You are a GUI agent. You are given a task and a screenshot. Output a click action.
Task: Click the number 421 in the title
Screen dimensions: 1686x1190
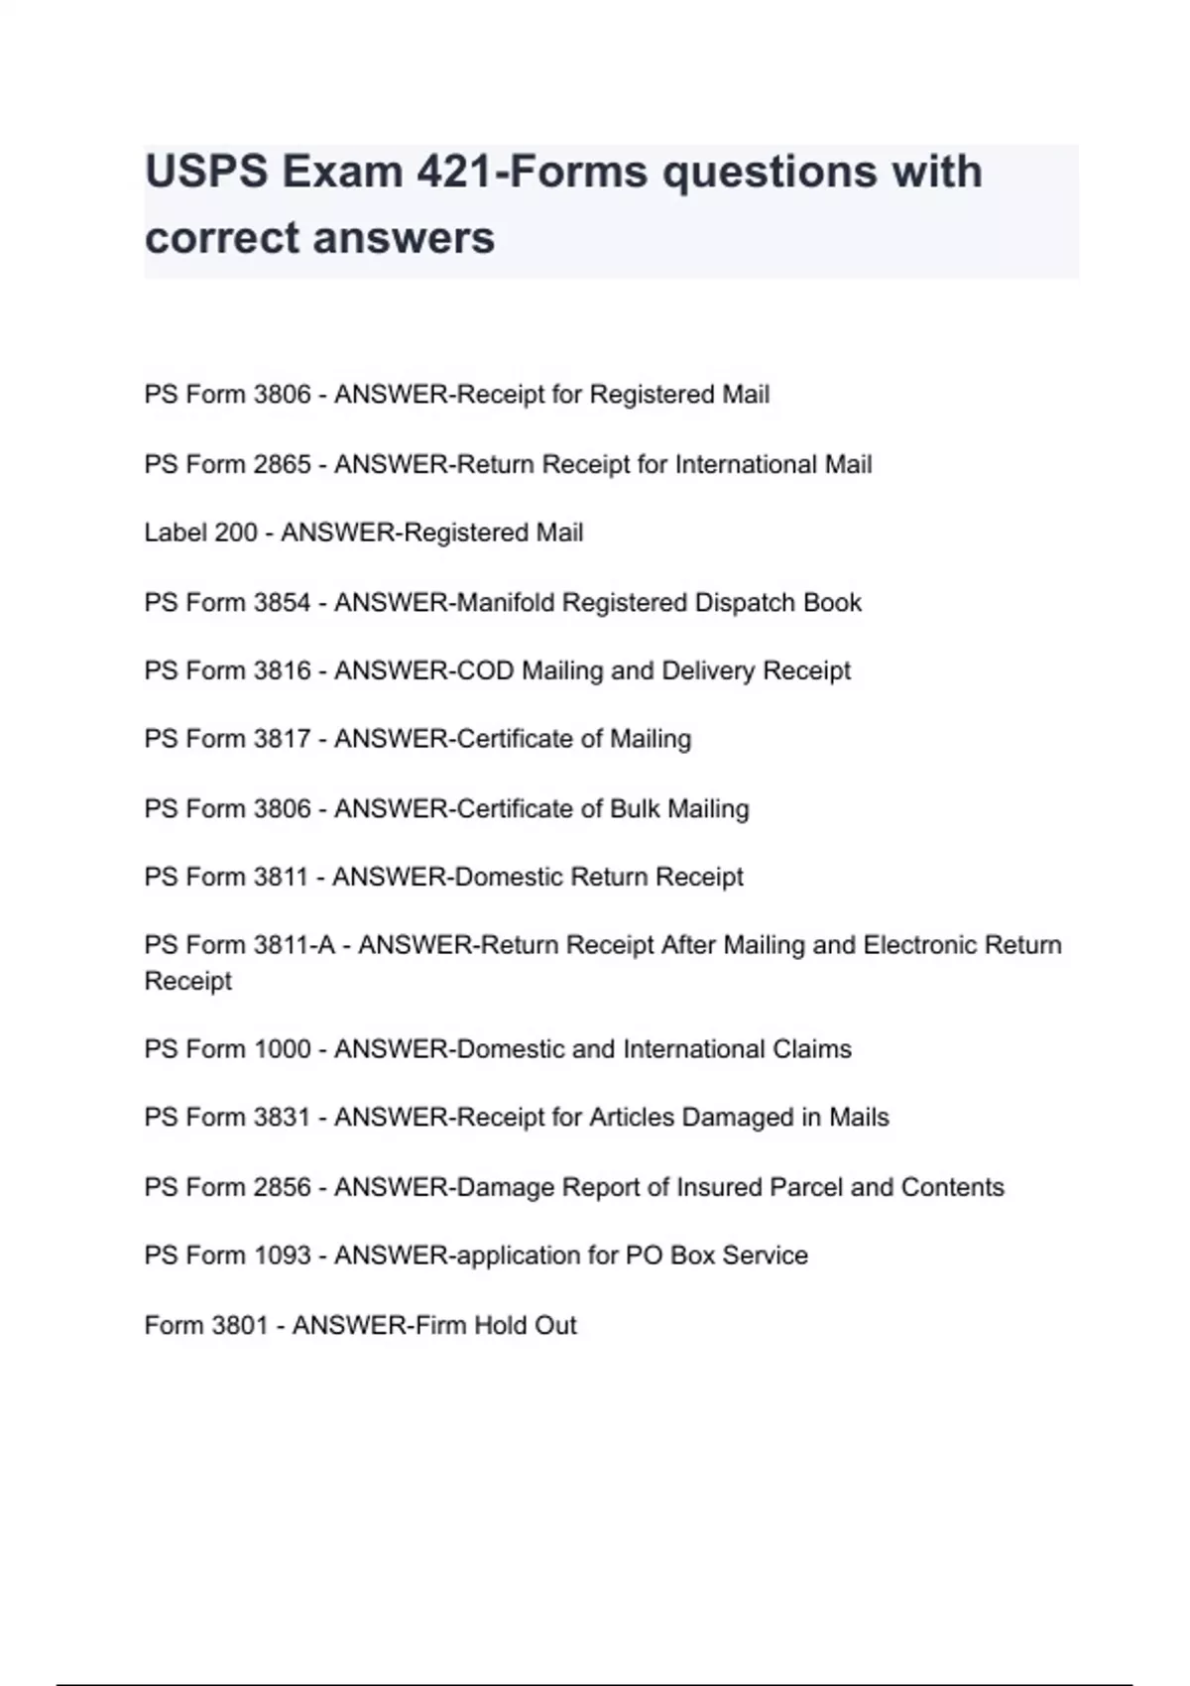453,173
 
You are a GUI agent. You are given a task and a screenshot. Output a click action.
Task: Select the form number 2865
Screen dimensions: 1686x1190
282,464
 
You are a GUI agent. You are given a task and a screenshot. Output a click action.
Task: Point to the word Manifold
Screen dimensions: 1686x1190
505,602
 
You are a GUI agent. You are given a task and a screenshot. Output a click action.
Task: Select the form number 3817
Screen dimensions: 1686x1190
282,739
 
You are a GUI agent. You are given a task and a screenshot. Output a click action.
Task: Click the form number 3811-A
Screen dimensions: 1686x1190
294,945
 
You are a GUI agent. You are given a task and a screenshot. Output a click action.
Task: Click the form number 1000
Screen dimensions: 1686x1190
282,1049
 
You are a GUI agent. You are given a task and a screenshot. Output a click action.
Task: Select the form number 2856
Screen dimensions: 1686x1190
282,1187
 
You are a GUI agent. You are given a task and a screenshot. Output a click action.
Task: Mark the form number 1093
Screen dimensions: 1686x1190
282,1256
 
